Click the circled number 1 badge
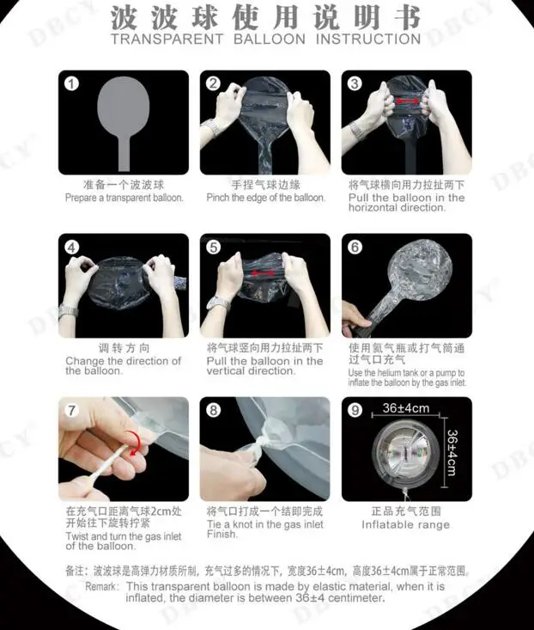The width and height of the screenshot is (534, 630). click(72, 83)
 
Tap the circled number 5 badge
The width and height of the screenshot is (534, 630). click(214, 247)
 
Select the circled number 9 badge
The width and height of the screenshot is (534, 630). click(355, 410)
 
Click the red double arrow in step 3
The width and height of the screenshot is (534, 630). click(407, 101)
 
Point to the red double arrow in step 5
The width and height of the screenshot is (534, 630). click(263, 273)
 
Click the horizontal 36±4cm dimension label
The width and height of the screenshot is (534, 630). click(405, 408)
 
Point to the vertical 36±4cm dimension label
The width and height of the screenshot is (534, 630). click(452, 452)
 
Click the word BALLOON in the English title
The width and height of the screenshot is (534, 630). click(270, 40)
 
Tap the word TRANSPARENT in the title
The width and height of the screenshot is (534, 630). click(167, 40)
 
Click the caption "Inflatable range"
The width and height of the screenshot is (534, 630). click(405, 525)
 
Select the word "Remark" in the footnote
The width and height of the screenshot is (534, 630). click(101, 587)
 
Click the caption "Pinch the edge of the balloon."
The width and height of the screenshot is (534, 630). click(265, 198)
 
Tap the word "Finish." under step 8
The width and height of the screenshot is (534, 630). click(222, 535)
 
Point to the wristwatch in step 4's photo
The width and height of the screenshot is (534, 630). click(68, 312)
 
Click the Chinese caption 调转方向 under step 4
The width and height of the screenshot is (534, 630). click(124, 348)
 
